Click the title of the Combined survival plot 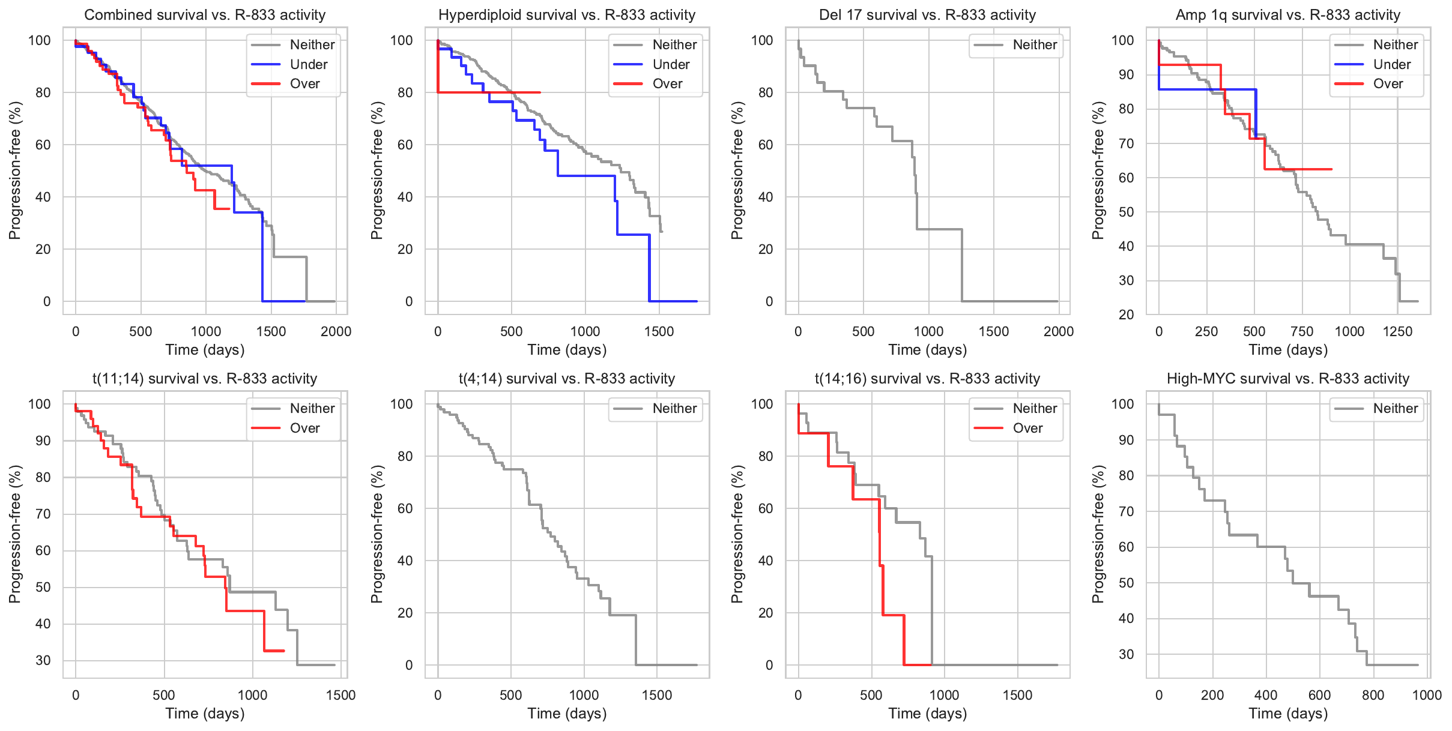(205, 15)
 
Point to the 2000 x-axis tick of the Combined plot (336, 331)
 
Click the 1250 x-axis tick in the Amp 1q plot (1397, 331)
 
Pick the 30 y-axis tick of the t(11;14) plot (43, 660)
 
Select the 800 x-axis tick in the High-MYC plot (1373, 695)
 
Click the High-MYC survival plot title (1287, 379)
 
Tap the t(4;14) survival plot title (567, 379)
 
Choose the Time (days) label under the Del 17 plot (927, 350)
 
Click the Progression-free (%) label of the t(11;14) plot (15, 534)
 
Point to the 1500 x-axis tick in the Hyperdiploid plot (659, 331)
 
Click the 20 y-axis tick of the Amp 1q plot (1126, 314)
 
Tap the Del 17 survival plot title (927, 15)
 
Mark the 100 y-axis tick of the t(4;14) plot (402, 404)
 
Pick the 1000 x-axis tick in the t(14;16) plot (944, 695)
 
